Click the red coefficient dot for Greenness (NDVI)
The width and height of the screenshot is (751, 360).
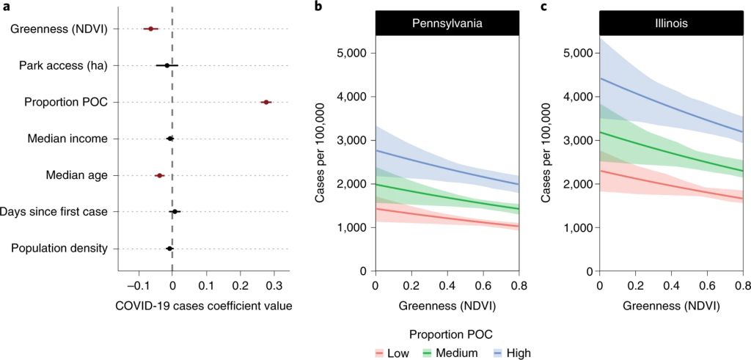pos(150,29)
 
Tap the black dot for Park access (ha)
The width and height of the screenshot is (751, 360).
pos(167,65)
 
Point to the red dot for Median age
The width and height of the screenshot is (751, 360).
pos(159,175)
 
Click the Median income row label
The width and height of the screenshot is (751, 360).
pos(67,139)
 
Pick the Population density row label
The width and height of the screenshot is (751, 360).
pos(59,249)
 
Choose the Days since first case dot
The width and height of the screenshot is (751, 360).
pos(175,212)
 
